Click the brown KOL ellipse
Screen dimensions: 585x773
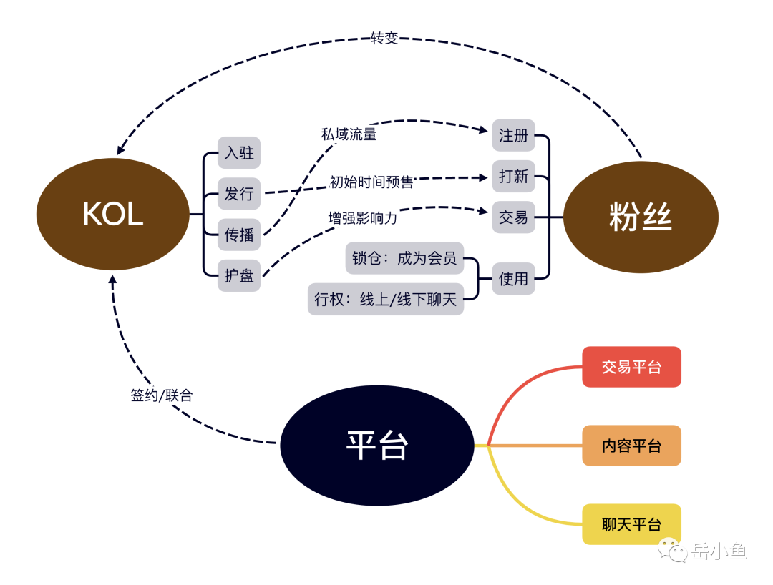click(113, 214)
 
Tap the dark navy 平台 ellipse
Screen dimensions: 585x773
click(377, 446)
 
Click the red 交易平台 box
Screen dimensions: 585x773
click(631, 367)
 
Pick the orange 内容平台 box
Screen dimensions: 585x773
click(631, 446)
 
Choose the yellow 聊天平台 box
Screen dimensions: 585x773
click(631, 524)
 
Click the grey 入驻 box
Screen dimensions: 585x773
click(239, 153)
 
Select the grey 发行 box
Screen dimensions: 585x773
click(239, 193)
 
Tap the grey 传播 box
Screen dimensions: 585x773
click(239, 235)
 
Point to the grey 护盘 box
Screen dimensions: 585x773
click(239, 275)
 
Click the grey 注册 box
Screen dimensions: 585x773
click(513, 135)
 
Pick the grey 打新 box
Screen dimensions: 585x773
click(513, 176)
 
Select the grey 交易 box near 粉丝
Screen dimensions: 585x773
click(513, 217)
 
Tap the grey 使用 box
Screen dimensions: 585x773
click(513, 278)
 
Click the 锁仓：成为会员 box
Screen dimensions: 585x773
click(404, 258)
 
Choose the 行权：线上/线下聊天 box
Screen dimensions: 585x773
click(386, 299)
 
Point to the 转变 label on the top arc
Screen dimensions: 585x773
click(384, 39)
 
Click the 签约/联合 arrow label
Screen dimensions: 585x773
click(162, 395)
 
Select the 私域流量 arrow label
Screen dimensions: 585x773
click(349, 134)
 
